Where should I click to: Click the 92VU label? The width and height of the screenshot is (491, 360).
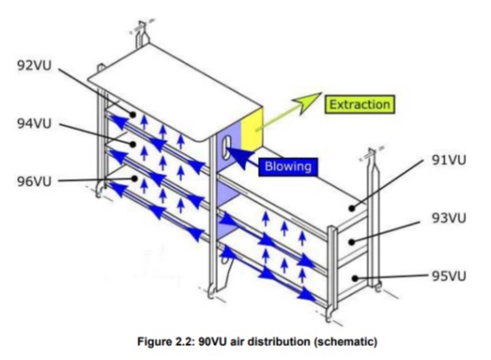[34, 66]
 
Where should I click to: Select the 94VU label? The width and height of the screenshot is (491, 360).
[34, 124]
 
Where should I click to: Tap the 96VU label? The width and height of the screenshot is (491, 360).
[34, 181]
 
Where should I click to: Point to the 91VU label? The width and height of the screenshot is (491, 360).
[449, 160]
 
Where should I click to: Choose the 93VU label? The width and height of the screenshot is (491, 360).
[449, 218]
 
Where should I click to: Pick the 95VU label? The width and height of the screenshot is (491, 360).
[449, 276]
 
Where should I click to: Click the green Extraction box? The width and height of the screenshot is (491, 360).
[360, 105]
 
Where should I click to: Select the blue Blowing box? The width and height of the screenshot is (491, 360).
[288, 166]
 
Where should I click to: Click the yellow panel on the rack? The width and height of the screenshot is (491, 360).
[252, 129]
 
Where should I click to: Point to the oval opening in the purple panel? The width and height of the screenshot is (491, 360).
[227, 147]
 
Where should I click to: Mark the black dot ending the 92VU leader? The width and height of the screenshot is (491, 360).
[133, 115]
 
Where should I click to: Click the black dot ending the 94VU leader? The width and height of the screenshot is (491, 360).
[133, 144]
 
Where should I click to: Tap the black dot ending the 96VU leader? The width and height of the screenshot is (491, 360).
[134, 179]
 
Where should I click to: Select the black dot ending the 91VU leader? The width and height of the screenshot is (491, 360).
[353, 208]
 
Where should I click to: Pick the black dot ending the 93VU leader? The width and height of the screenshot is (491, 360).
[352, 242]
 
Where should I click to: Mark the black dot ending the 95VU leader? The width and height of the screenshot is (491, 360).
[355, 278]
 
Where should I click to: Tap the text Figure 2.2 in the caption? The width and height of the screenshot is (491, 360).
[167, 341]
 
